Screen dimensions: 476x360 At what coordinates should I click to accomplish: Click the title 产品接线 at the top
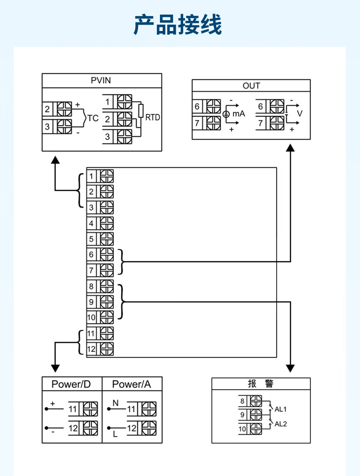(x=178, y=25)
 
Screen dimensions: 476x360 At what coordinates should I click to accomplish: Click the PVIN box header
(x=101, y=81)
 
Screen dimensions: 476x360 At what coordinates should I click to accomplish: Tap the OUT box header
(x=251, y=86)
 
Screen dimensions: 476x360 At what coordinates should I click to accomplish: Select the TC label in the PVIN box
(x=93, y=119)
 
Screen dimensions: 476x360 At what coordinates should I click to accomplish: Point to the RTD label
(x=153, y=118)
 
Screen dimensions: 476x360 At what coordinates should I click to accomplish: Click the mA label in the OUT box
(x=239, y=114)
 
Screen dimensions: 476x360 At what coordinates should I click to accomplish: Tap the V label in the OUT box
(x=299, y=113)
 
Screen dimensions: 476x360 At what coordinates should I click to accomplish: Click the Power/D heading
(x=71, y=384)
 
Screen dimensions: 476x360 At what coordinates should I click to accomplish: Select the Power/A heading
(x=131, y=384)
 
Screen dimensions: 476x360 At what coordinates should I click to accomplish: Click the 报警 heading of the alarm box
(x=261, y=383)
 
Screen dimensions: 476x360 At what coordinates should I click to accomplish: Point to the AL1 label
(x=281, y=409)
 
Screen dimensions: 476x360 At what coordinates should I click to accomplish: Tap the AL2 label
(x=281, y=424)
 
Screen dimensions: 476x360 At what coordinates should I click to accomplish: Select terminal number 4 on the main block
(x=91, y=223)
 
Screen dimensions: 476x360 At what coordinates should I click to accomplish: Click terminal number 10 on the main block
(x=91, y=317)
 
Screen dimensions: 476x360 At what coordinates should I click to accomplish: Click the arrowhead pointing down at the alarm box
(x=290, y=368)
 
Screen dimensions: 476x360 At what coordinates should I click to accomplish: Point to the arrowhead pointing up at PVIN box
(x=55, y=159)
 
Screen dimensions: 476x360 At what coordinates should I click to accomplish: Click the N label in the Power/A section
(x=115, y=403)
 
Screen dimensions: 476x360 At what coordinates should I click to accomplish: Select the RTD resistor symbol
(x=141, y=111)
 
